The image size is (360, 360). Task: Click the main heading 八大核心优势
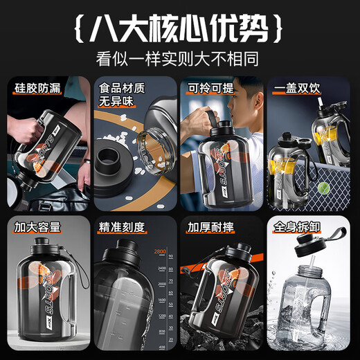coord(179,27)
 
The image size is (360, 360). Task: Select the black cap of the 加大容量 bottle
coord(38,247)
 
